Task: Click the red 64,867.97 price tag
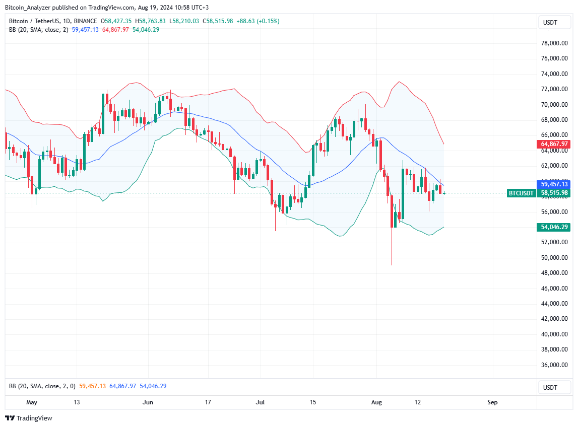tap(554, 144)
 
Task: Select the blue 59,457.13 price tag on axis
tap(554, 184)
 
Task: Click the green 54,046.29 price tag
tap(554, 227)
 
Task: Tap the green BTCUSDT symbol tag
tap(521, 193)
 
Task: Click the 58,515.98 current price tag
tap(554, 193)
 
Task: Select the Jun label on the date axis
tap(148, 402)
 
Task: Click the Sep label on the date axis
tap(492, 402)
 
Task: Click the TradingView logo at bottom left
tap(29, 418)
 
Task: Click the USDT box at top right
tap(550, 22)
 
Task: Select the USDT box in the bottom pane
tap(550, 387)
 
